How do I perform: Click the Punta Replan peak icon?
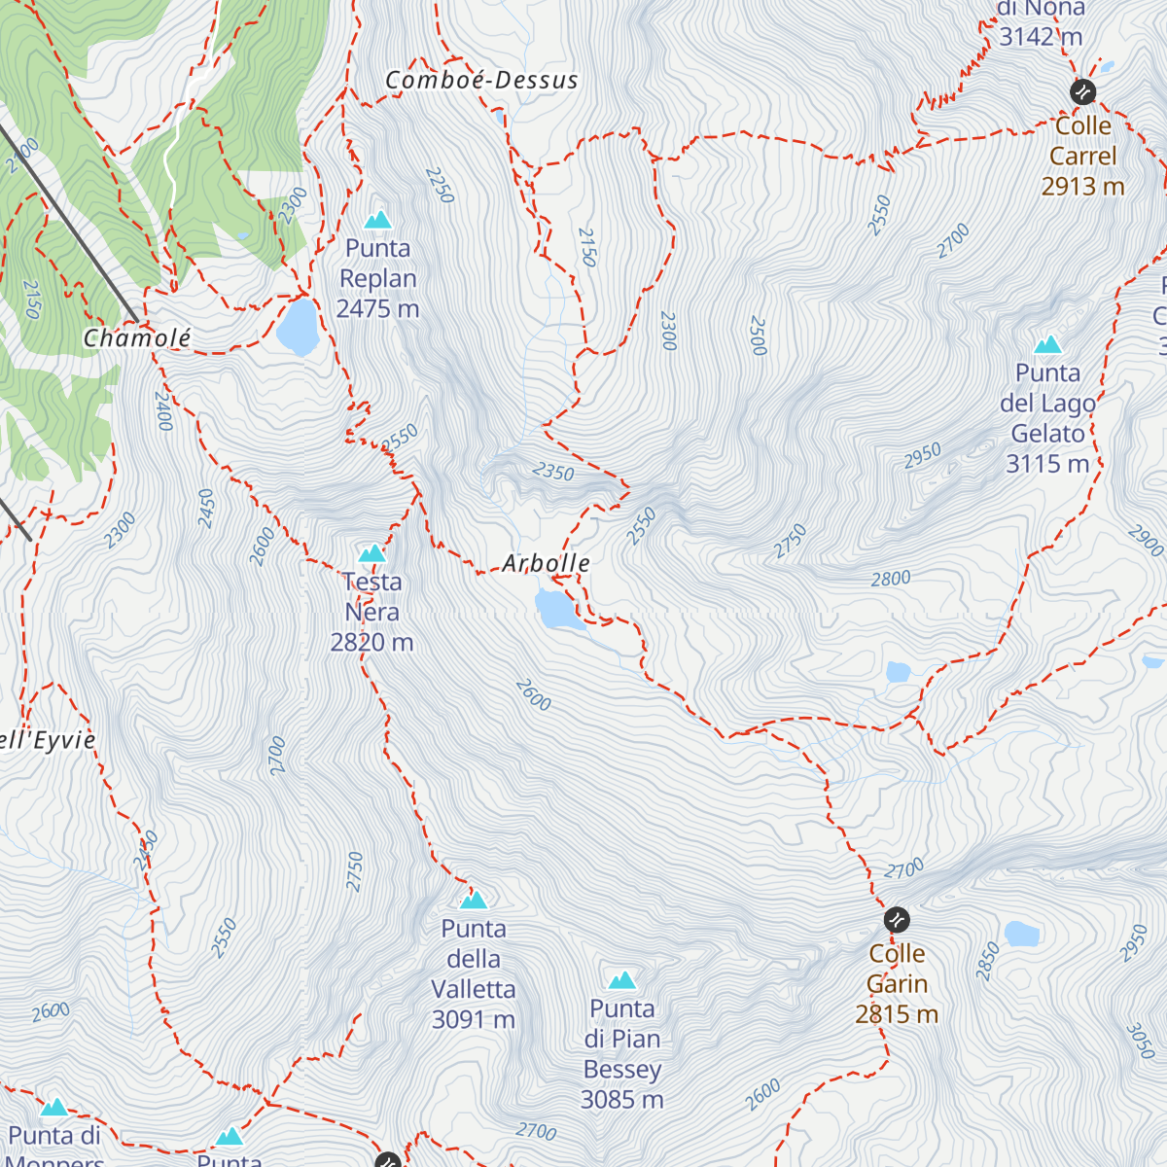377,220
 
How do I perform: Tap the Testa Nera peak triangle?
371,554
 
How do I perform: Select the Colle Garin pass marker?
897,919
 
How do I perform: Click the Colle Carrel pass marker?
1082,92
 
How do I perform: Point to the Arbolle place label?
546,563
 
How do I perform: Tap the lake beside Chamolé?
298,327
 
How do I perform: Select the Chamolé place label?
137,338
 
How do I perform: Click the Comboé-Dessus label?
481,81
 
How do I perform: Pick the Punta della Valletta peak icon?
474,900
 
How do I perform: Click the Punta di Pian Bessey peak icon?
622,979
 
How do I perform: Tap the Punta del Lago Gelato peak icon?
1047,345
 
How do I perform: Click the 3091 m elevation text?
474,1019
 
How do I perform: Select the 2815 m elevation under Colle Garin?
897,1014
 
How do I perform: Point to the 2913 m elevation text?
1082,186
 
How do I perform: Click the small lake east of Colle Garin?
1022,934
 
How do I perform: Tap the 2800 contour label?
891,579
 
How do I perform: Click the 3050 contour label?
1140,1041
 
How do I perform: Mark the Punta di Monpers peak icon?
54,1108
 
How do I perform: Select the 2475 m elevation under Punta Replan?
377,308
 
